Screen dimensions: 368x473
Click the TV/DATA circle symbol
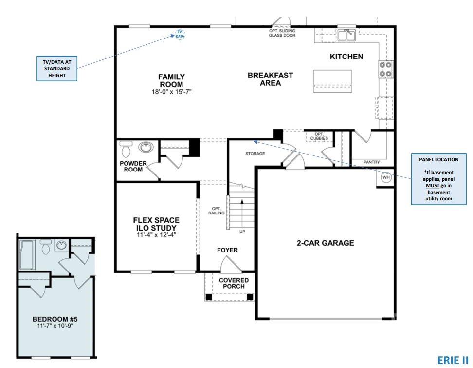tap(180, 34)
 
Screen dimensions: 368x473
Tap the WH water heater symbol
tap(386, 177)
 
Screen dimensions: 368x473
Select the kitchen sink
tap(348, 34)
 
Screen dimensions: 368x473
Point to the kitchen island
tap(333, 80)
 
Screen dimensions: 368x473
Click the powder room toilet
tap(126, 147)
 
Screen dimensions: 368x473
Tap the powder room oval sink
tap(145, 147)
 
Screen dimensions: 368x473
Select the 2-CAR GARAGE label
tap(326, 243)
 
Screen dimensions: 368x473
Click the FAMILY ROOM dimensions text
tap(172, 91)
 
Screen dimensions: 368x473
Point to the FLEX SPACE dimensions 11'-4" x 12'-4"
tap(157, 234)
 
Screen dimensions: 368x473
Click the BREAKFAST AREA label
tap(270, 79)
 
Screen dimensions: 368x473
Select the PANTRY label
tap(372, 162)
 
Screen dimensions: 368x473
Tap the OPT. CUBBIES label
tap(319, 136)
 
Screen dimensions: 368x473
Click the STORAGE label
tap(255, 154)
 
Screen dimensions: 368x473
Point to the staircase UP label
tap(242, 231)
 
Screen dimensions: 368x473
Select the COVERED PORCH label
tap(234, 283)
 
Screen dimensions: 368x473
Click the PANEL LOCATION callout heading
tap(438, 159)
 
